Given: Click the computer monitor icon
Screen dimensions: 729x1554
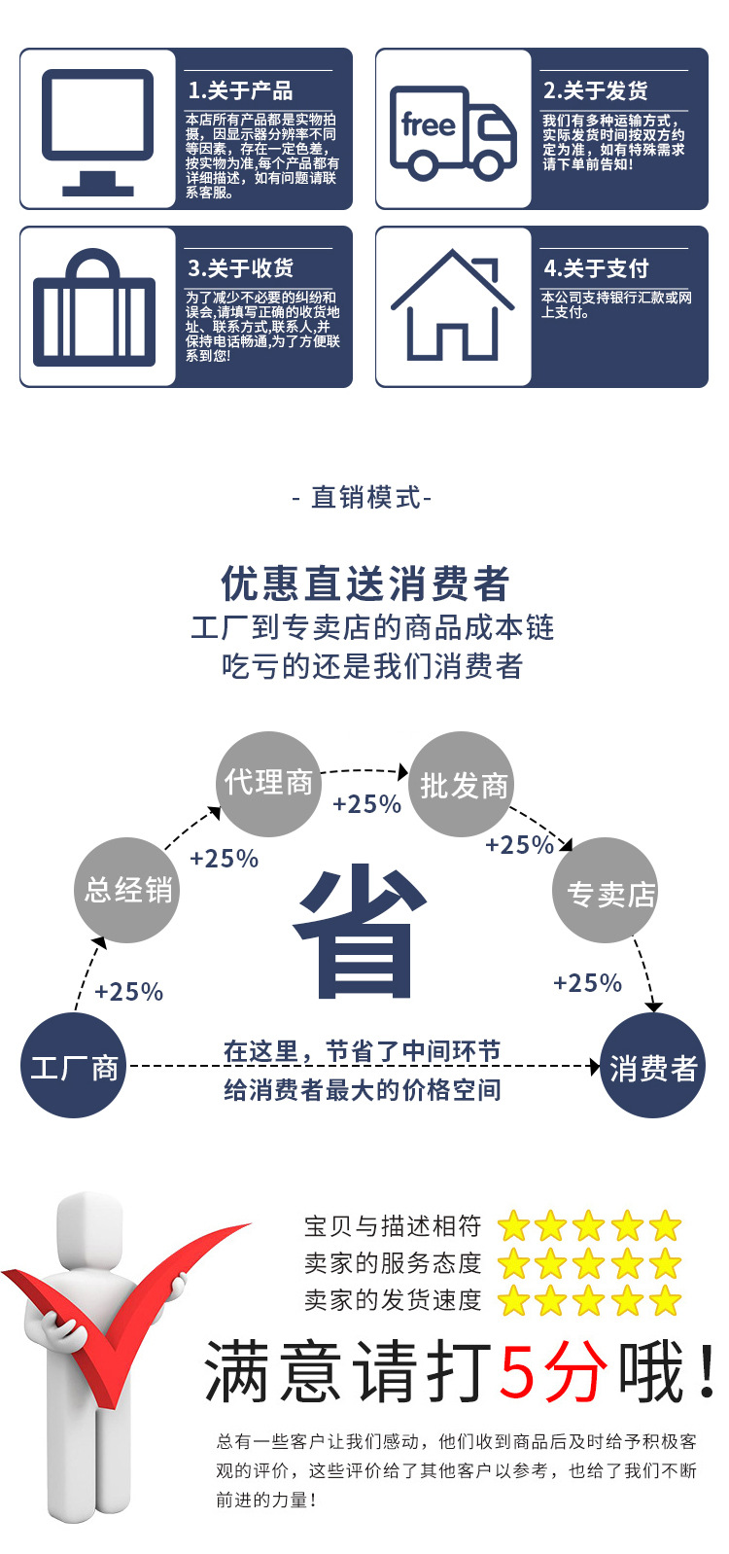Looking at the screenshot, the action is (x=97, y=130).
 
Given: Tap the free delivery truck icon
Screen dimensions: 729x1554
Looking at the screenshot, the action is (x=452, y=133).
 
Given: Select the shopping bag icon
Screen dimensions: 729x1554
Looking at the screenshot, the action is (x=94, y=309).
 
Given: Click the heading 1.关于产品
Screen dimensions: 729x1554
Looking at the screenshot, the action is (x=240, y=91).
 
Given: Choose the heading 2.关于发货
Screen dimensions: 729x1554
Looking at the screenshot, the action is (x=595, y=91).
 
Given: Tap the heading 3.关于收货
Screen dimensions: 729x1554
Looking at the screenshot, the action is (x=240, y=268).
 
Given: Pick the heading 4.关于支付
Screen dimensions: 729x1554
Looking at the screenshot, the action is (x=596, y=268).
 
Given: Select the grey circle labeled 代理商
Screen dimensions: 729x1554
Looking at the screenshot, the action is (x=268, y=784).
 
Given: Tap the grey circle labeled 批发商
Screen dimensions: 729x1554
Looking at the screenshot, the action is (x=464, y=785).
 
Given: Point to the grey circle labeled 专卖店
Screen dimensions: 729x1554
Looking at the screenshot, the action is (x=607, y=891).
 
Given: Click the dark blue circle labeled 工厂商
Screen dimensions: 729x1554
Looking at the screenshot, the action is (x=74, y=1067).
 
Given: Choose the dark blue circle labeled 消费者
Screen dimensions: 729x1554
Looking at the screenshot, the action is (x=652, y=1067).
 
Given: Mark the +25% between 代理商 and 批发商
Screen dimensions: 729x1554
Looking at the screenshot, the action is (x=366, y=804).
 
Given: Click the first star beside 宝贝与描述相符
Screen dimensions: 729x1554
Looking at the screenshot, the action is (x=513, y=1226).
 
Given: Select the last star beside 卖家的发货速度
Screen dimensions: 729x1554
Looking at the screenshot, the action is (x=666, y=1300).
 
